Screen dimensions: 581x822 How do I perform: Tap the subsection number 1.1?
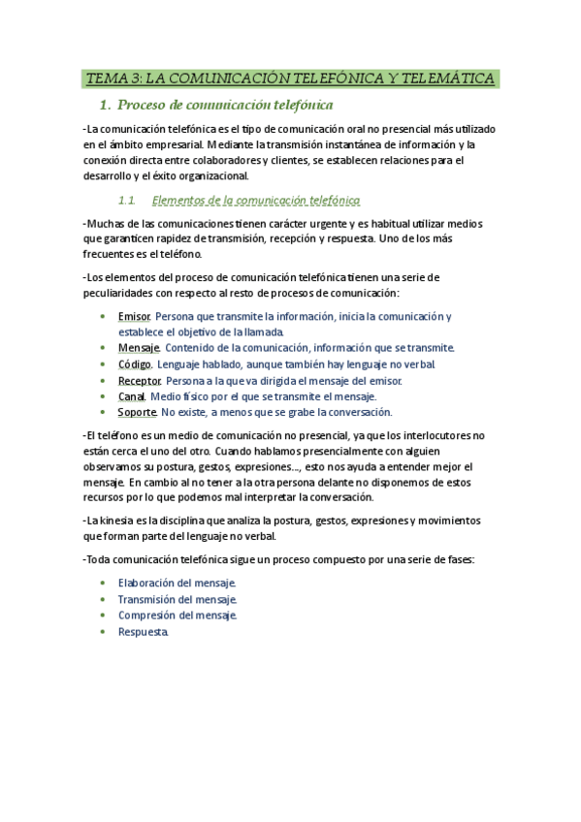tap(125, 202)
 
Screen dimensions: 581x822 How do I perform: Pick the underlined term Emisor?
tap(134, 317)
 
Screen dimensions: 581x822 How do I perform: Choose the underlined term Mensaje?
tap(139, 347)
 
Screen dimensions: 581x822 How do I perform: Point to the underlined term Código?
tap(135, 364)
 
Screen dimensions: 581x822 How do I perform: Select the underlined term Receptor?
tap(140, 380)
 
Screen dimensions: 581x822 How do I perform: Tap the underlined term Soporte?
tap(138, 412)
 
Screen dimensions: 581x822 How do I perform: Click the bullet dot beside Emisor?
tap(104, 317)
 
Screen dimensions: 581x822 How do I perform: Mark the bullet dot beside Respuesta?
tap(104, 632)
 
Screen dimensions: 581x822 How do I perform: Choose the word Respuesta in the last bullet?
tap(144, 632)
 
